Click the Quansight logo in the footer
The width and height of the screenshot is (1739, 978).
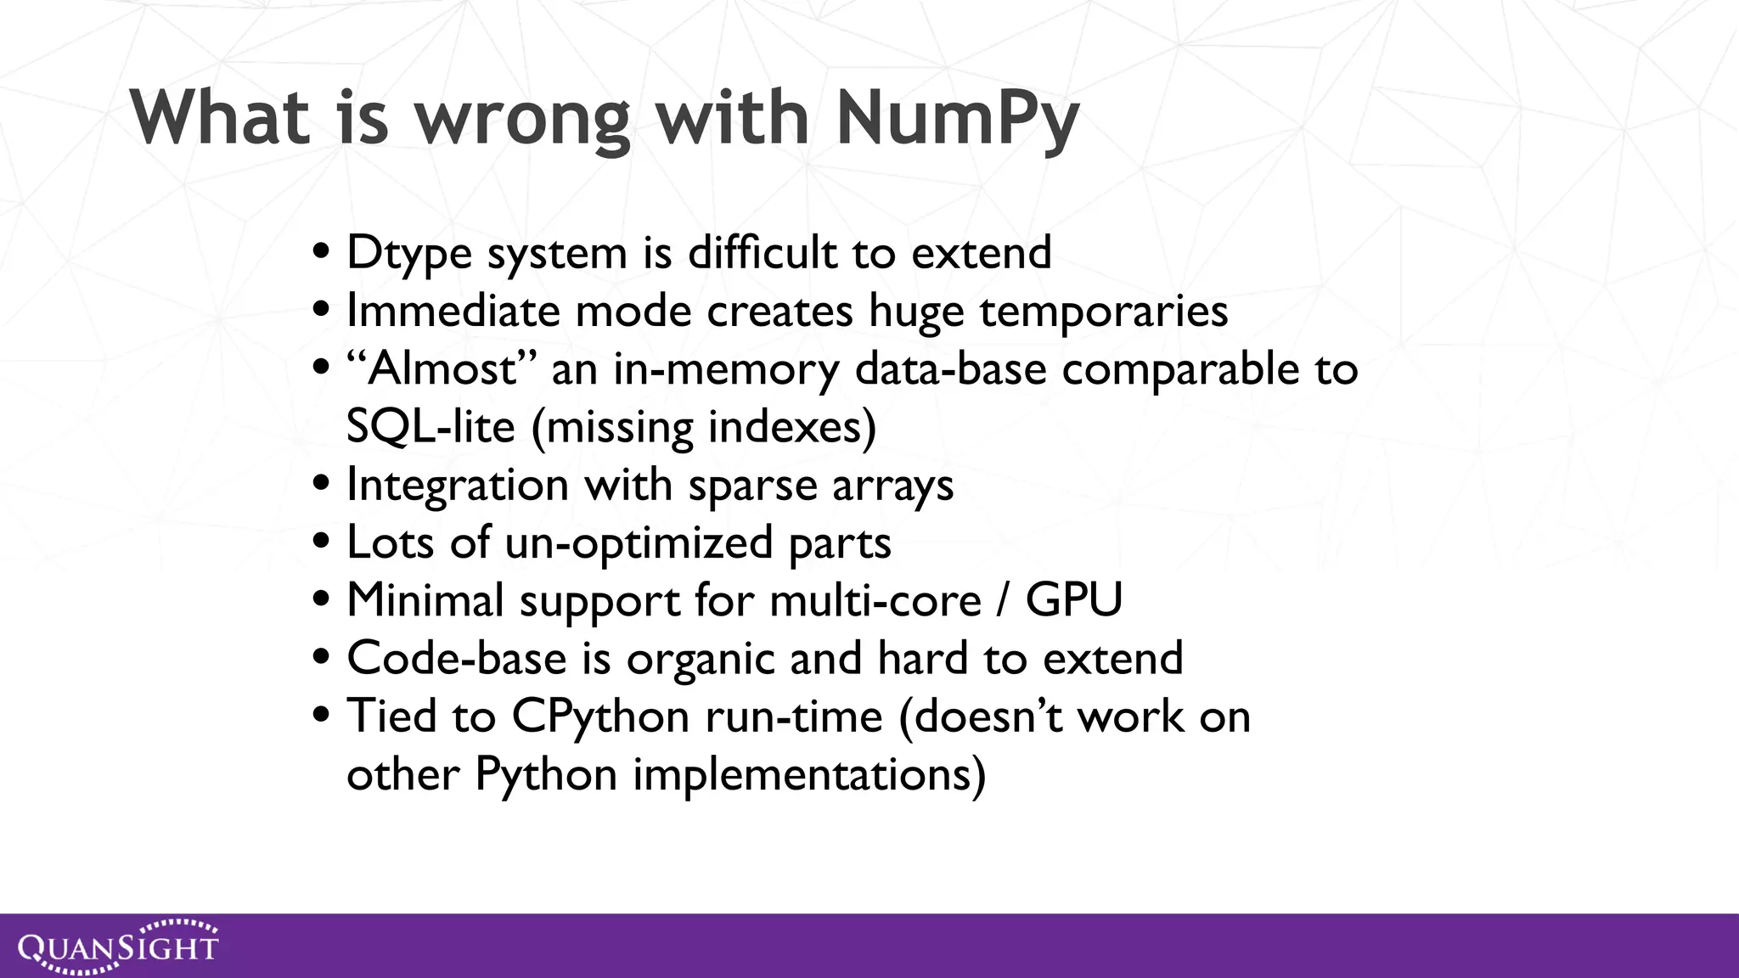(118, 947)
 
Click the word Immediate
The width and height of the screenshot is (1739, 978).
(453, 311)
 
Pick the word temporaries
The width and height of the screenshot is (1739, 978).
(1104, 311)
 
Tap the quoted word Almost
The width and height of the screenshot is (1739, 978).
(442, 369)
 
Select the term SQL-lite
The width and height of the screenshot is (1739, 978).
(431, 426)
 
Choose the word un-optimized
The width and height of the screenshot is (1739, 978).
(639, 543)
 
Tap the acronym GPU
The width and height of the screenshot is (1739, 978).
(1074, 601)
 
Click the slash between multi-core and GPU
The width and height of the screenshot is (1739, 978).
(1004, 601)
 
